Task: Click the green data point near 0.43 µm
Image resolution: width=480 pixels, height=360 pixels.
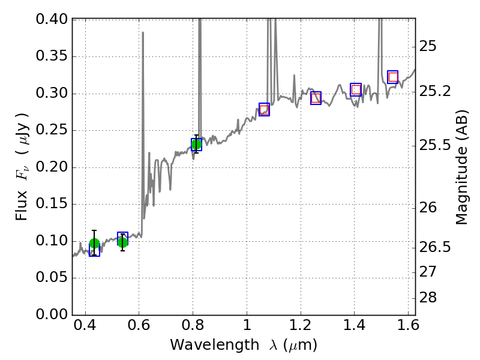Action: [94, 243]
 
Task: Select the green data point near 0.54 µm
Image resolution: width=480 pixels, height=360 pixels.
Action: [122, 242]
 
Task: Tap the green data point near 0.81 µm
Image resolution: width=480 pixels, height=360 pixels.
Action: [196, 144]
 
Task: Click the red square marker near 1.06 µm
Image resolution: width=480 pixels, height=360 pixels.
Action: [264, 109]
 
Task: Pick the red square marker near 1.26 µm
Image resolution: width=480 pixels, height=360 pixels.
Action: [316, 98]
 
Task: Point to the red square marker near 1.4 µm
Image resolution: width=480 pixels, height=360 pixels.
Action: [356, 89]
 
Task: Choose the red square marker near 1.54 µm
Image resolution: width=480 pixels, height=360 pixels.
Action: [393, 77]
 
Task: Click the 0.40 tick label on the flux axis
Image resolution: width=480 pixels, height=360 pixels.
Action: [51, 19]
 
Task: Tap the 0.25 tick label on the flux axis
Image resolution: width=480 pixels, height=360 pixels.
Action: [51, 130]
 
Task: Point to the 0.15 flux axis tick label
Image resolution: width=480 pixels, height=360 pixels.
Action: [51, 204]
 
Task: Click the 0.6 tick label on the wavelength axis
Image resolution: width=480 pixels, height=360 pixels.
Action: [139, 328]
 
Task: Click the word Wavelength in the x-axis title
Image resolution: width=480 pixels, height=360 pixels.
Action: [205, 346]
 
